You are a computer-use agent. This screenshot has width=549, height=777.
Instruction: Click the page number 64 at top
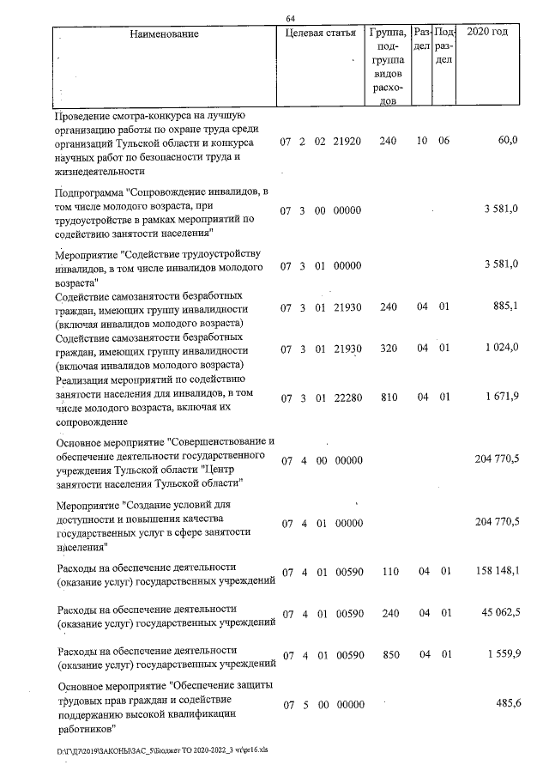tap(291, 19)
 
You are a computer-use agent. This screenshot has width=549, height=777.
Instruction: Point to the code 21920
tap(347, 142)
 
